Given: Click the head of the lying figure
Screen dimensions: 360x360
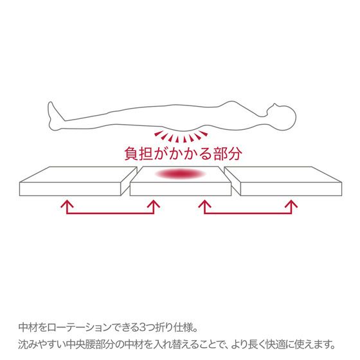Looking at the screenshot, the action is coord(282,118).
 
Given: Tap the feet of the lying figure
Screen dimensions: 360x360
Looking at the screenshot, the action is coord(54,116).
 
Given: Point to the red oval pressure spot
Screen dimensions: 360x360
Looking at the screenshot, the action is coord(181,174).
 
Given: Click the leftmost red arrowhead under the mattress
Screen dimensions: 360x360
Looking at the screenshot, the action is coord(67,204).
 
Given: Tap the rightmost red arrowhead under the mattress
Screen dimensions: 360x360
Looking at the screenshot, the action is coord(291,204).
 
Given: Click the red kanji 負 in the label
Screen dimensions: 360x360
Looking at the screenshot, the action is coord(132,154).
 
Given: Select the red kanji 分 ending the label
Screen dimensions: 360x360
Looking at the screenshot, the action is coord(235,154).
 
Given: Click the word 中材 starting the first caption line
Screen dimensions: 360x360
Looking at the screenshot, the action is coord(28,327).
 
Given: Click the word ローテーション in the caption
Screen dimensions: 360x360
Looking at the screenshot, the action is coord(80,328).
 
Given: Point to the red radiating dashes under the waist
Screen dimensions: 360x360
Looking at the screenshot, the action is coord(181,136).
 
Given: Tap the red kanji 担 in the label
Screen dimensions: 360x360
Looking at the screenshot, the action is coord(146,154).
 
